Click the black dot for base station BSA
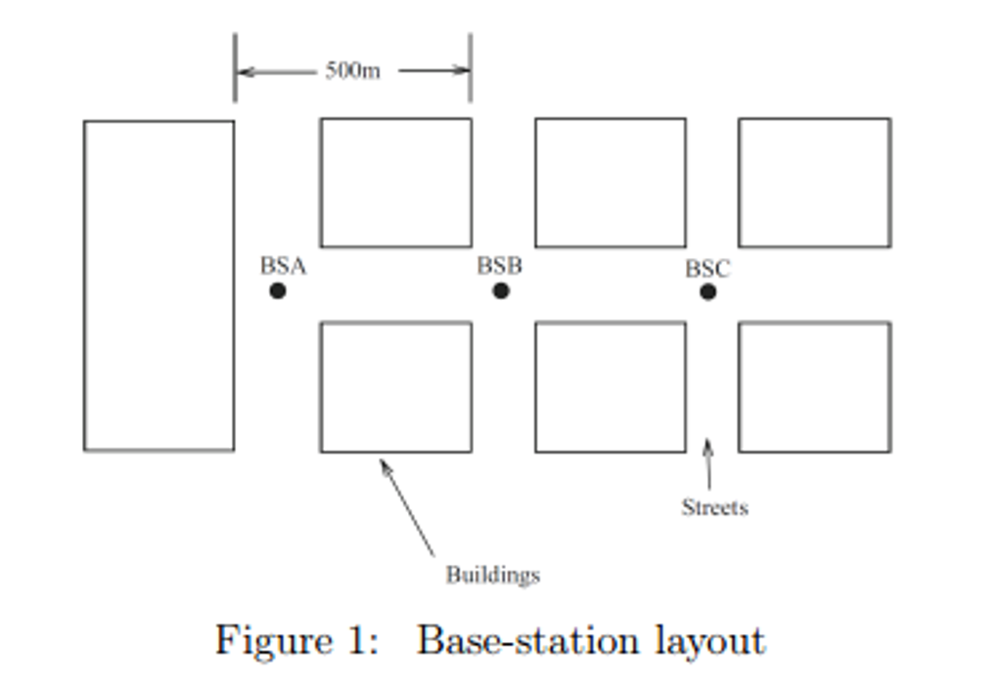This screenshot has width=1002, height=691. (278, 290)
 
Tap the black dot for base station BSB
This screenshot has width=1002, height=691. (501, 290)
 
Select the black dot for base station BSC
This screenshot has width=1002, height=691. (707, 291)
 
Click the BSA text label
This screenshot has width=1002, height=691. (283, 266)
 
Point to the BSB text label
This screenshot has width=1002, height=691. (499, 265)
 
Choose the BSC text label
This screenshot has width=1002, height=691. (706, 269)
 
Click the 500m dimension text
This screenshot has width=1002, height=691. (352, 71)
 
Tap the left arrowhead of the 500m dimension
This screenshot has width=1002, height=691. (244, 71)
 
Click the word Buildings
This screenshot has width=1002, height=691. (492, 575)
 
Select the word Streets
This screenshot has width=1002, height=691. (714, 507)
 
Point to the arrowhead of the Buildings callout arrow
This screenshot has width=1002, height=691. (384, 463)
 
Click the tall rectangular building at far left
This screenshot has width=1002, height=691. (159, 285)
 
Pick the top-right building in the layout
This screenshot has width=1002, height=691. (814, 183)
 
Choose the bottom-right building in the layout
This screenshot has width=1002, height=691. (814, 387)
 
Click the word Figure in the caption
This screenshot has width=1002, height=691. (274, 641)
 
